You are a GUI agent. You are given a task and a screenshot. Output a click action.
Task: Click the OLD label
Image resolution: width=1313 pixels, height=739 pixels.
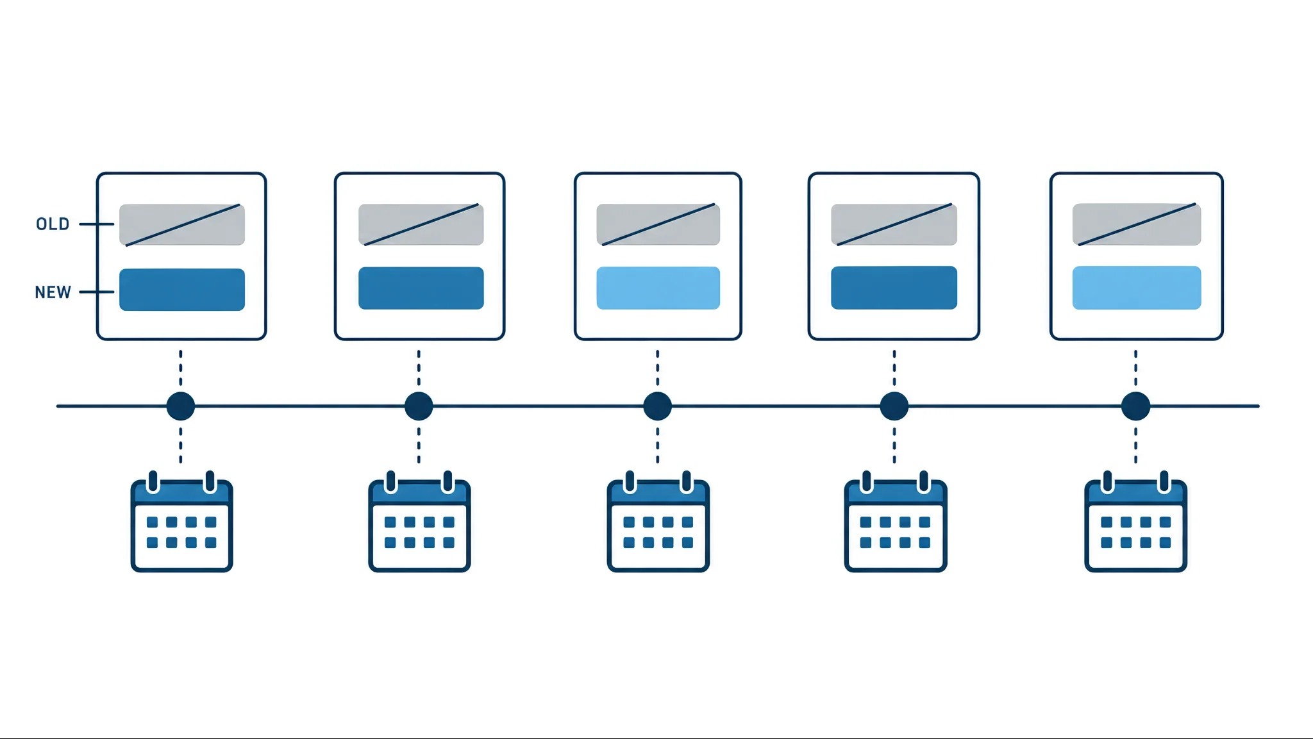[53, 224]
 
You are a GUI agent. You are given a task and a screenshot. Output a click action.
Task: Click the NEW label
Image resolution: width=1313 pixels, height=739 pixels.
[53, 292]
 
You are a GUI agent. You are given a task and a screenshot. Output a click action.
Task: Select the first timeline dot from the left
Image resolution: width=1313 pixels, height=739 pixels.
[181, 406]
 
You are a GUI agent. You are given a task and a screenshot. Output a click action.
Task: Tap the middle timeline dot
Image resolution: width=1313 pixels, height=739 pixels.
[657, 406]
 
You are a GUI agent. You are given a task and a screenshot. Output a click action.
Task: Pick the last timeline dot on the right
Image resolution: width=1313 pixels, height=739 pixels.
[1135, 406]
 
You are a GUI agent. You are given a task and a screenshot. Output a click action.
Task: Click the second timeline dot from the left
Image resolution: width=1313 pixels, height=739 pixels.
[419, 406]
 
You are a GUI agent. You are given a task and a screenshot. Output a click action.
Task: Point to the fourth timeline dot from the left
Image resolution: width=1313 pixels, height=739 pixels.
[894, 406]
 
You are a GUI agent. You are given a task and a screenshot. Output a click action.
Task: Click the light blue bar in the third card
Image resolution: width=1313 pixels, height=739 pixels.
[658, 288]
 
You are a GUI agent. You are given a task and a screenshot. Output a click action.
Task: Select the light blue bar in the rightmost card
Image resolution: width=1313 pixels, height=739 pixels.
[1137, 288]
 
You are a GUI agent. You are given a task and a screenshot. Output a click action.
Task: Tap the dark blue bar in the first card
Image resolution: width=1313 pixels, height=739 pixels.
[182, 290]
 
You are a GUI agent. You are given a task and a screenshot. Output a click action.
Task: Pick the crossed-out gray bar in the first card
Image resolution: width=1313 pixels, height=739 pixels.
[182, 225]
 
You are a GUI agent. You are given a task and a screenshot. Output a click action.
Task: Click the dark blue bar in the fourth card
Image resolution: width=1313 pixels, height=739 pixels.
[894, 288]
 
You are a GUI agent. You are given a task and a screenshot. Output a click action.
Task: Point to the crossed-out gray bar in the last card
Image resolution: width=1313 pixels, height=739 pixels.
[1137, 224]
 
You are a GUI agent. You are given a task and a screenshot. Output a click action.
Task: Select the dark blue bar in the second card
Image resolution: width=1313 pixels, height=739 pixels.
[421, 288]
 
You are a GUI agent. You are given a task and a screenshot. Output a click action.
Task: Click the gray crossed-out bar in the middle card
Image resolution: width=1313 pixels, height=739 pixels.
[658, 224]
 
